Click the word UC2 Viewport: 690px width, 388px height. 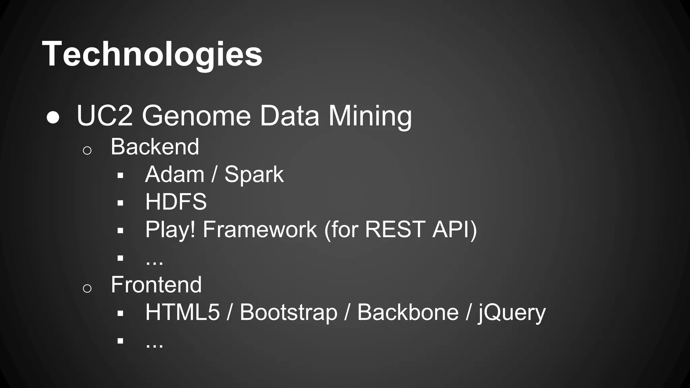pyautogui.click(x=105, y=116)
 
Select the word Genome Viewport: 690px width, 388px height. pyautogui.click(x=196, y=116)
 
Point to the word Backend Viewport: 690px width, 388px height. pyautogui.click(x=155, y=147)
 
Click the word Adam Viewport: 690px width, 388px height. pyautogui.click(x=175, y=174)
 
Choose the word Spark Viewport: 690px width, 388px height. pyautogui.click(x=254, y=174)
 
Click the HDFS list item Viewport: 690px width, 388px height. pyautogui.click(x=176, y=202)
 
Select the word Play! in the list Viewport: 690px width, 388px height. pyautogui.click(x=170, y=230)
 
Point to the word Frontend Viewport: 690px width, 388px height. pyautogui.click(x=156, y=285)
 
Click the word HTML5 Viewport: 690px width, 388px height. pyautogui.click(x=182, y=312)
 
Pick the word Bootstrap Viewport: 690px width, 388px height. pyautogui.click(x=288, y=312)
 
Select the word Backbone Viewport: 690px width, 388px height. pyautogui.click(x=408, y=312)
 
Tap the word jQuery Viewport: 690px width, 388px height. pyautogui.click(x=512, y=312)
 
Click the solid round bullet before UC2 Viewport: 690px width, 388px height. pyautogui.click(x=53, y=118)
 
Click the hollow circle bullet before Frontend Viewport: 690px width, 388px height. pyautogui.click(x=87, y=288)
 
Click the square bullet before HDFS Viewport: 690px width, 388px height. pyautogui.click(x=120, y=203)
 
